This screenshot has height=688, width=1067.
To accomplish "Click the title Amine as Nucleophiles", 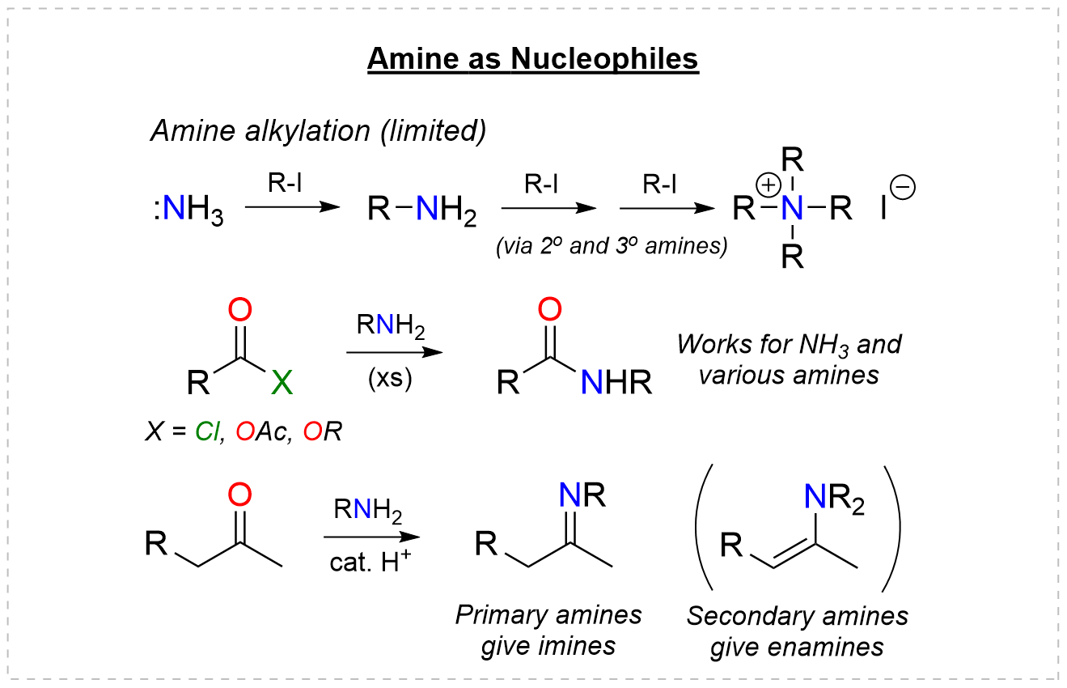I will tap(532, 60).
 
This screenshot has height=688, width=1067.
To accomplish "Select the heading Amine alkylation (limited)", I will tap(319, 132).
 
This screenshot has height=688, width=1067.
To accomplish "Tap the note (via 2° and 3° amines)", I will tap(612, 246).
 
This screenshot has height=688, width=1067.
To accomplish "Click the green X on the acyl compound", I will tap(282, 383).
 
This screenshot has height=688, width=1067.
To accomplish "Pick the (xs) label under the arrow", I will tap(390, 379).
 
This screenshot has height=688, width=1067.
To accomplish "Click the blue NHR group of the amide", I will tap(616, 383).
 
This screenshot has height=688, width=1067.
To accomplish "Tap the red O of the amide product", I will tap(550, 310).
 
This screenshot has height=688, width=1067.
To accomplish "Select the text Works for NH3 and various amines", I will tap(790, 359).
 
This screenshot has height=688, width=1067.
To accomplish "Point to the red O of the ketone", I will tap(240, 494).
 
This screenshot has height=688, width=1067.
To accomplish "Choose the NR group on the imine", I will tap(582, 495).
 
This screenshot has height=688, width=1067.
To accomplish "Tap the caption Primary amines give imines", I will tap(548, 631).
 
